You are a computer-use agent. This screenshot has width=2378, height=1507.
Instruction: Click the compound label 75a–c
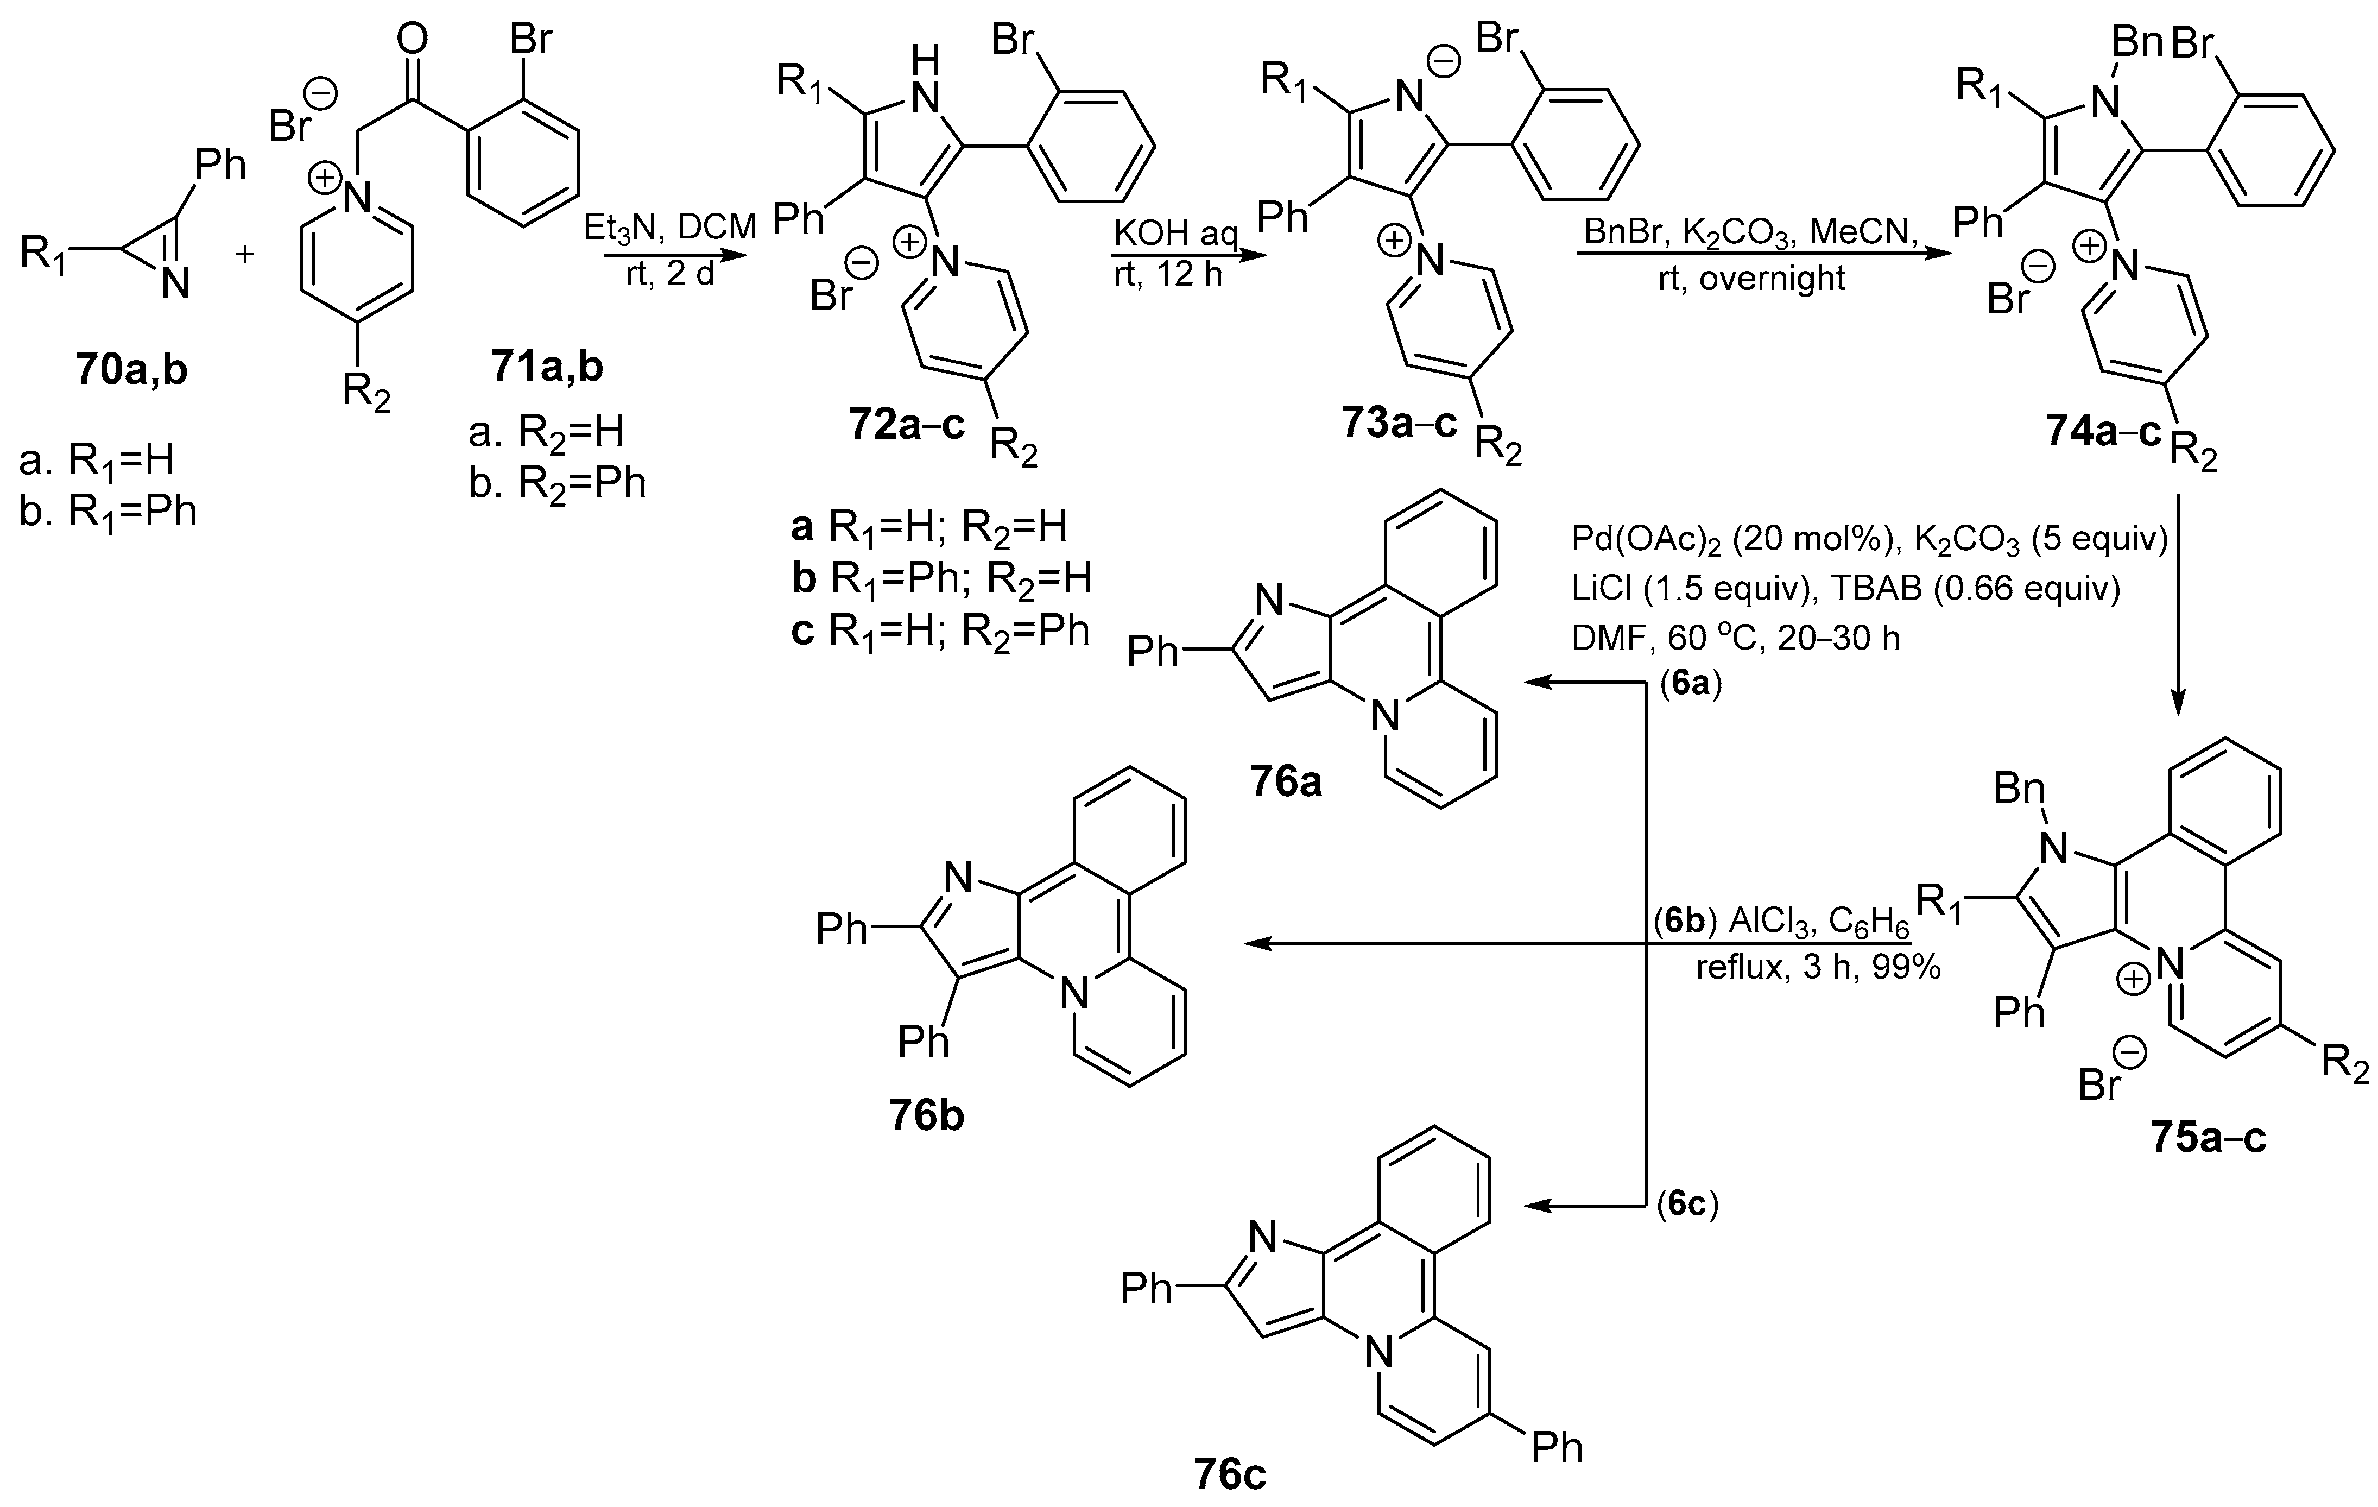point(2208,1138)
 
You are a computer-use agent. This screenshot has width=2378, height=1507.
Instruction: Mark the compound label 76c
point(1229,1474)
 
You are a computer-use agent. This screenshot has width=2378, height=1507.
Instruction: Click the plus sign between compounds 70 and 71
point(244,254)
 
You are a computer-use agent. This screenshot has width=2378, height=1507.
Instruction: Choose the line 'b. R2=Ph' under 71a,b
point(557,483)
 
